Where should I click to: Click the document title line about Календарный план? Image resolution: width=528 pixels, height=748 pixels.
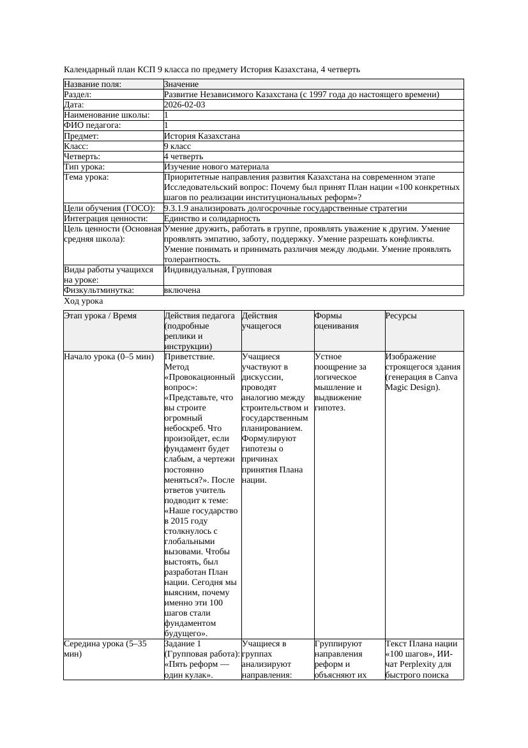[212, 69]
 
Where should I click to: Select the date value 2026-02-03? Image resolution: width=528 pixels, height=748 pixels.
[185, 105]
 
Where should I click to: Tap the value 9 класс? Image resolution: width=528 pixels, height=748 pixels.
[177, 146]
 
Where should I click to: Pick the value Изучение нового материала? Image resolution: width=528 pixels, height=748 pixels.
[216, 167]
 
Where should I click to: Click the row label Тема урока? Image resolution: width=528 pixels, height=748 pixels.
[86, 177]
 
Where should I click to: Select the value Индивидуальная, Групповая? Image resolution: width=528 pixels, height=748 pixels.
[218, 270]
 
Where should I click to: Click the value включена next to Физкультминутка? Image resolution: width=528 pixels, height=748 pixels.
[182, 290]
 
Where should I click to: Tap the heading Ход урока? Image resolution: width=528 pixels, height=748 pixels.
[84, 301]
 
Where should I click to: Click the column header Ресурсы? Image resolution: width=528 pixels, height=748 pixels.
[401, 316]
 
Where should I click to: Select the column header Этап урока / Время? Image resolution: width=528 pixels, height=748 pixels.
[100, 316]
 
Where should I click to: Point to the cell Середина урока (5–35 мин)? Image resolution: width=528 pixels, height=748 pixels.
[105, 649]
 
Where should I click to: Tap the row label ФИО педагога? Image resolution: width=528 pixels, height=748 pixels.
[93, 126]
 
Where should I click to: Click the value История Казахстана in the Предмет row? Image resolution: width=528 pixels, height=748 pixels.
[202, 136]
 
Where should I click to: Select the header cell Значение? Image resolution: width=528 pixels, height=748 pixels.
[181, 84]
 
